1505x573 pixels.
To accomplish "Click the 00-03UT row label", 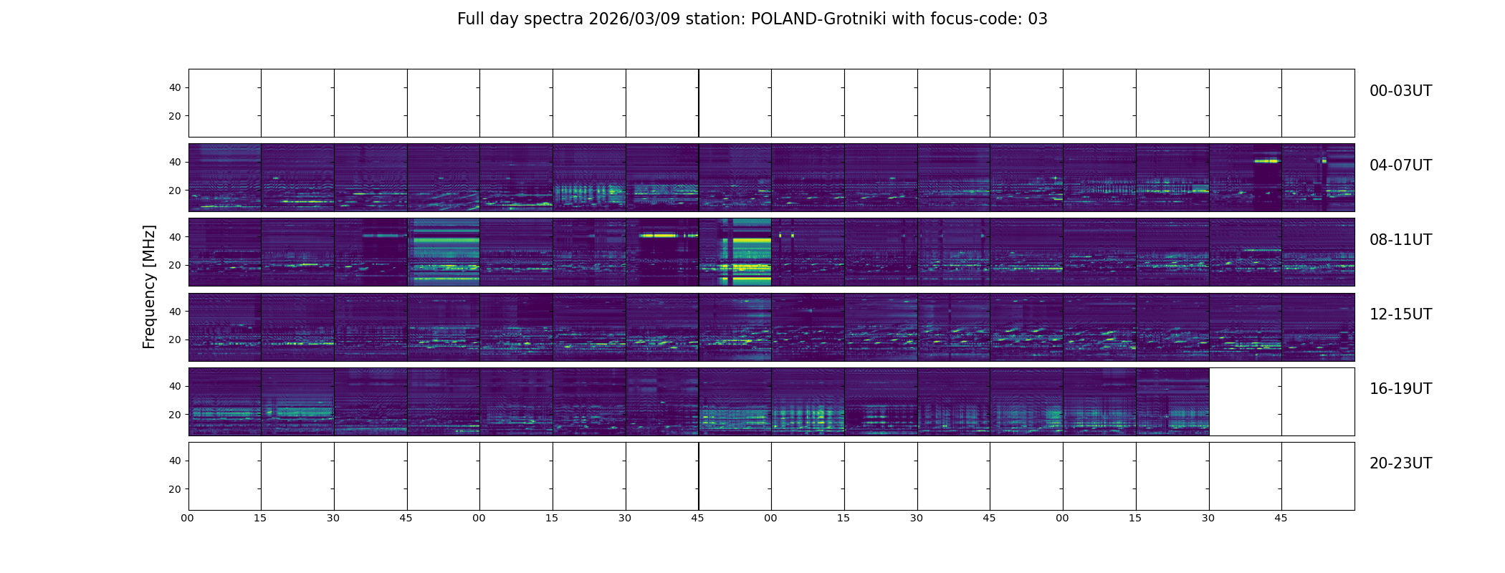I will pos(1400,91).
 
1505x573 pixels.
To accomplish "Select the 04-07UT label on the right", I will pos(1400,165).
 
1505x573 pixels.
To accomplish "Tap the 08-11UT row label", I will pos(1400,240).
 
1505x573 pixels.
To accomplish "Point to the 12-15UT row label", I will pos(1400,314).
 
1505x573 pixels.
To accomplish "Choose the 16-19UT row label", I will pos(1400,389).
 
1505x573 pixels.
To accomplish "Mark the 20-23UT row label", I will pos(1400,463).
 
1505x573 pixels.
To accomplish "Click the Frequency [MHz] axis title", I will pos(149,286).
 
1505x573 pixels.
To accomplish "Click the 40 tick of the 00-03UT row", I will pos(175,87).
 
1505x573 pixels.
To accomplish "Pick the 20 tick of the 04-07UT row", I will pos(175,191).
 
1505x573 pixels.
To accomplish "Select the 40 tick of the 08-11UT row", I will pos(175,237).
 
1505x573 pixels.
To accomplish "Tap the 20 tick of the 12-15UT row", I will pos(175,340).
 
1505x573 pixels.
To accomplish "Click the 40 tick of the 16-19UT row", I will pos(175,386).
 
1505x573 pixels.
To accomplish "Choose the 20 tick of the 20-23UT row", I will pos(175,489).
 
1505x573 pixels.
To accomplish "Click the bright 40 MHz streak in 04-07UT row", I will pos(1266,161).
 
